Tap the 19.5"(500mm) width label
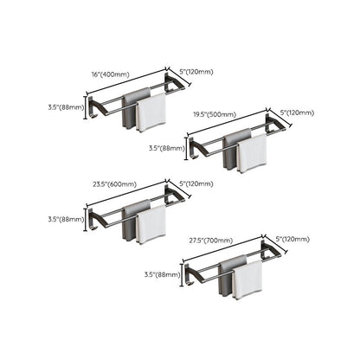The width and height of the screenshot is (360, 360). tap(220, 116)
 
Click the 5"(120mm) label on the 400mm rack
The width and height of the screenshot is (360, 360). tap(196, 71)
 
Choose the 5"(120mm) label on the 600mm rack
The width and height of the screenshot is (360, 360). tap(196, 183)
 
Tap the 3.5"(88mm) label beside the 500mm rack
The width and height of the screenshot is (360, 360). tap(167, 148)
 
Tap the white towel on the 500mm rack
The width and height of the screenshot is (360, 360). tap(253, 153)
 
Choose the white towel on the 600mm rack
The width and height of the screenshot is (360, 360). tap(151, 224)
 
